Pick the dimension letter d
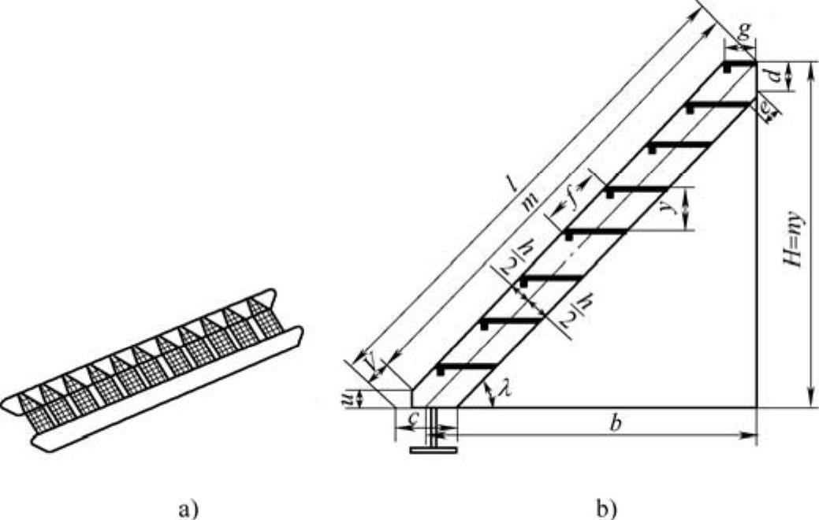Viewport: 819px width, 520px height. click(x=777, y=76)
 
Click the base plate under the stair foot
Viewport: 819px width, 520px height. click(x=434, y=450)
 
